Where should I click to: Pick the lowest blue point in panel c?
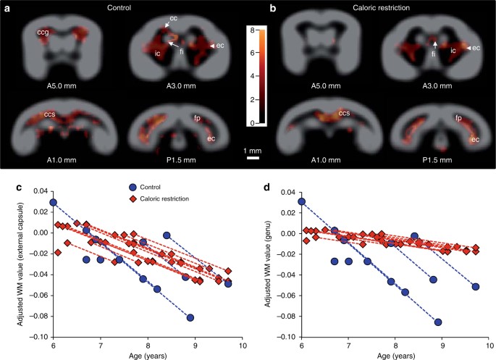tap(190, 318)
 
